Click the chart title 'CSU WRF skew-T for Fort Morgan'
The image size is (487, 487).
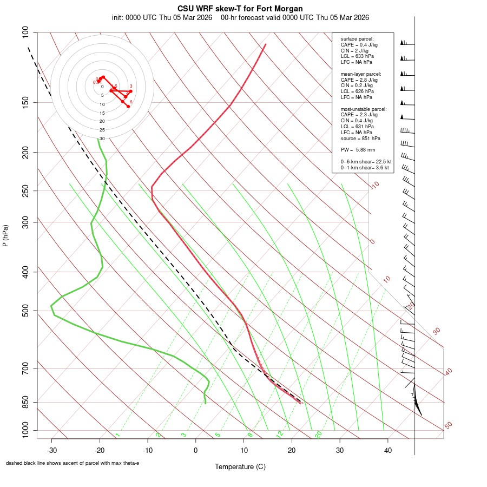pos(240,9)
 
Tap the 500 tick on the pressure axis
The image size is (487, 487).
pos(25,311)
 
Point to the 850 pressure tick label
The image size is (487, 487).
pos(25,402)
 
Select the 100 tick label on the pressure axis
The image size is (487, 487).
pos(25,32)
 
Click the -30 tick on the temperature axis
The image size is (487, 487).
pos(52,450)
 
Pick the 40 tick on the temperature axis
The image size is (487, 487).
pos(387,450)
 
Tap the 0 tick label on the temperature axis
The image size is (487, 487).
pos(196,450)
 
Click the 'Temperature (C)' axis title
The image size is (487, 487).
pos(240,466)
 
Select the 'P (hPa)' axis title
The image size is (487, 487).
pos(5,235)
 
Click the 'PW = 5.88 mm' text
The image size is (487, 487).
pos(358,150)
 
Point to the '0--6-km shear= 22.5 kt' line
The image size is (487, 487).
pos(366,162)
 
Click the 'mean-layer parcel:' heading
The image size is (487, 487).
pos(361,74)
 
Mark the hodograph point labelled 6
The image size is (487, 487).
pos(128,106)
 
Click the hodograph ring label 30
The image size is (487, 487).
pos(102,139)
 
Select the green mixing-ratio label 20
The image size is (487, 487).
pos(319,434)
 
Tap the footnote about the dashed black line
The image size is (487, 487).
pos(73,463)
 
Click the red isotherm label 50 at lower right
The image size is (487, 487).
pos(448,426)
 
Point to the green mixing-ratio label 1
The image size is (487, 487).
pos(117,435)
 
